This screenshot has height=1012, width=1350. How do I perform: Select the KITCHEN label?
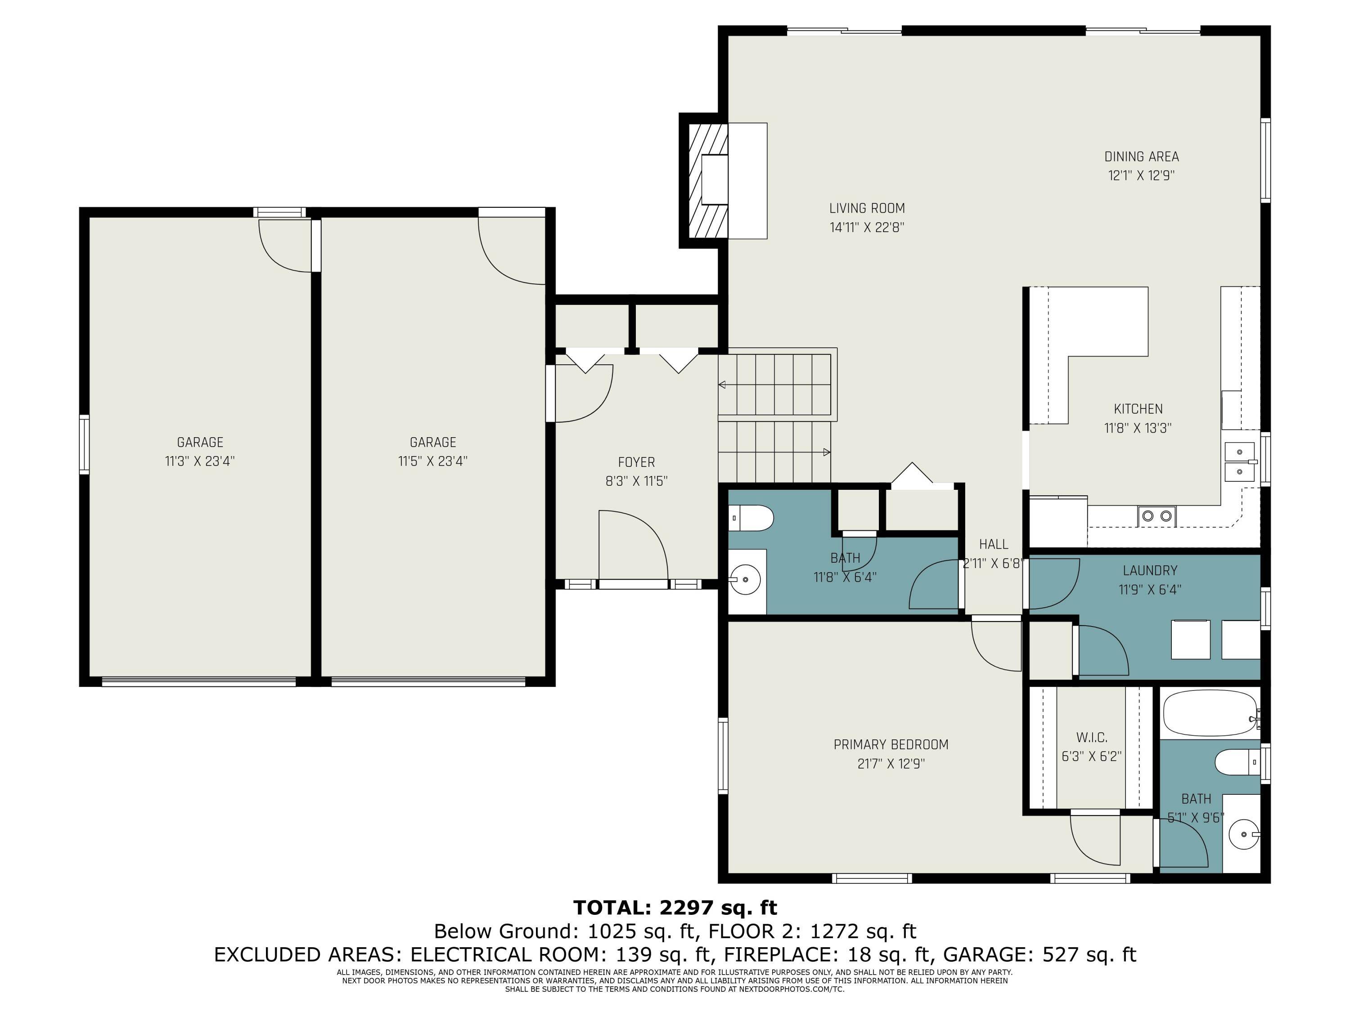tap(1138, 409)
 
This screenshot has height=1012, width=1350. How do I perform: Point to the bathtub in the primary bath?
tap(1208, 713)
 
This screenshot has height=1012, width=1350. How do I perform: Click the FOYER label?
tap(636, 462)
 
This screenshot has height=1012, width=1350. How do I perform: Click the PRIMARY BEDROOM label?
tap(891, 744)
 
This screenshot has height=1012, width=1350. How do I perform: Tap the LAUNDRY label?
tap(1150, 570)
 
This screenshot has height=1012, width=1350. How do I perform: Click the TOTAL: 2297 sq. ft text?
tap(675, 908)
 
